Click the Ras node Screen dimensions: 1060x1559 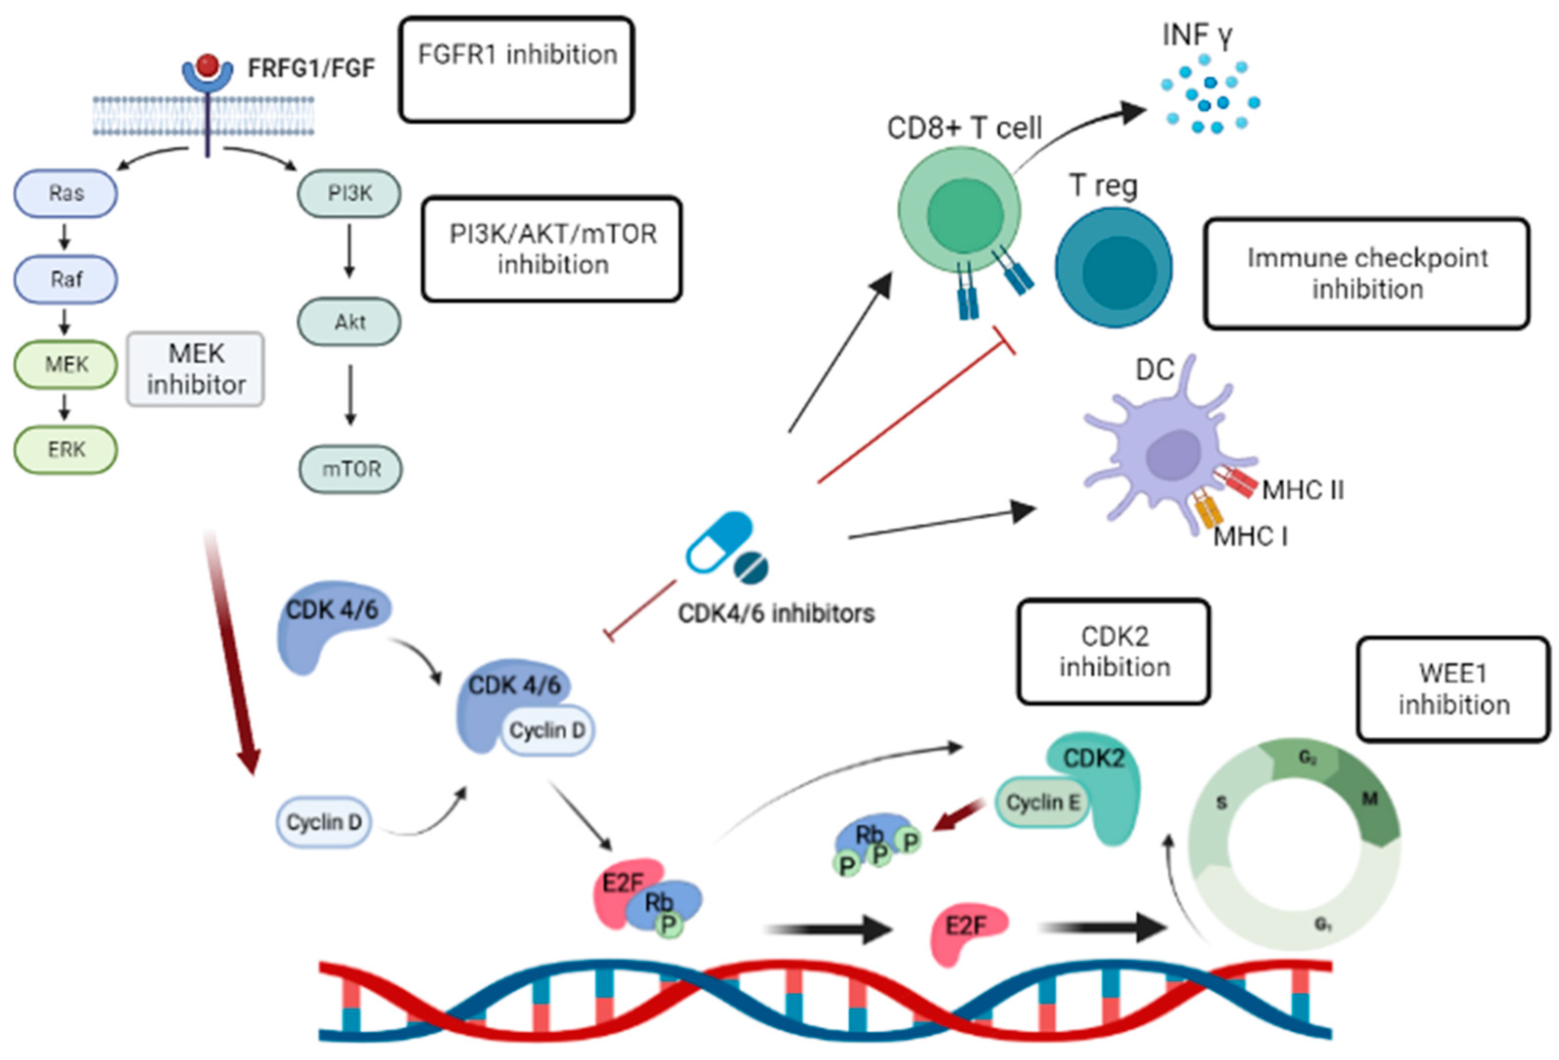pos(66,193)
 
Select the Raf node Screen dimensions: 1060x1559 pos(66,279)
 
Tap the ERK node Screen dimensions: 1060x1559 pos(66,449)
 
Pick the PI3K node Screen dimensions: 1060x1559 pos(349,193)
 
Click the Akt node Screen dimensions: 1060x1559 pos(349,322)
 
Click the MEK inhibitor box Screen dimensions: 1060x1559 pos(195,369)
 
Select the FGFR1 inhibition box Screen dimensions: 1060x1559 pos(517,70)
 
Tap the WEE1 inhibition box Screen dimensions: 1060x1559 pos(1454,689)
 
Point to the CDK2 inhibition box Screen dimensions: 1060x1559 pos(1114,651)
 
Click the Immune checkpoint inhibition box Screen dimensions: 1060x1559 pos(1366,273)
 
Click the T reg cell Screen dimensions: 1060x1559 pos(1114,267)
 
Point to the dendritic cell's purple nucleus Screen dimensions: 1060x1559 pos(1172,454)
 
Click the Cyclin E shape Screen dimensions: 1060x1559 pos(1042,802)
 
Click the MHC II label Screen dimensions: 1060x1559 pos(1303,490)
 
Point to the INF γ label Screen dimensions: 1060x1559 pos(1197,35)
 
